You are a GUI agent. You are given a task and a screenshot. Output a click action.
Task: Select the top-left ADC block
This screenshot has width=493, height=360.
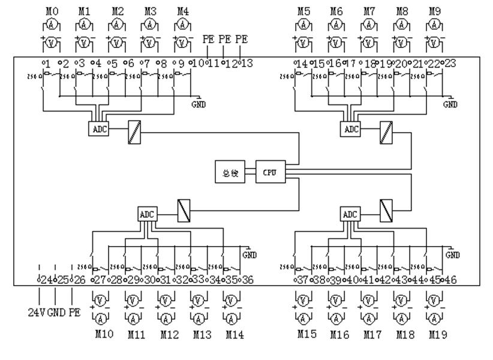click(x=98, y=129)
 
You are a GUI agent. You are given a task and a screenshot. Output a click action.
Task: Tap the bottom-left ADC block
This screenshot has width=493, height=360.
click(x=147, y=214)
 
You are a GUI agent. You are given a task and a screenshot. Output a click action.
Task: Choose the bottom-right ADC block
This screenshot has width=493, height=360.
click(x=350, y=214)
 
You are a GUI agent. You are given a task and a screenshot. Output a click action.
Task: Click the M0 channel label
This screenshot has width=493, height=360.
click(x=52, y=11)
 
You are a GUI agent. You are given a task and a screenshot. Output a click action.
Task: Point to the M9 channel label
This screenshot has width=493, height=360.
click(x=434, y=11)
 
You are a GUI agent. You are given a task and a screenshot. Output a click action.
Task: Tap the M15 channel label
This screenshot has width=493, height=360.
click(x=306, y=335)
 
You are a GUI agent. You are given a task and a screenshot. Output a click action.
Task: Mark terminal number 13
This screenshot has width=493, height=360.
click(x=246, y=63)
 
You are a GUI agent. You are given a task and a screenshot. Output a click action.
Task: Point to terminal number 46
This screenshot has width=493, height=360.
click(x=450, y=280)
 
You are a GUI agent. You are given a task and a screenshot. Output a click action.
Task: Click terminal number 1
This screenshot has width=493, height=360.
click(x=46, y=63)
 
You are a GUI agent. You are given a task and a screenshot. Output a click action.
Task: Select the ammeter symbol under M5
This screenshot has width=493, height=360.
click(x=305, y=25)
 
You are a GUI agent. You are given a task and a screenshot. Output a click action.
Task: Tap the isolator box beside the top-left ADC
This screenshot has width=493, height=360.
click(x=133, y=132)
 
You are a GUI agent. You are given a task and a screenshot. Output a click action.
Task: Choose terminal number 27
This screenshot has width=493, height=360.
click(x=99, y=280)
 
